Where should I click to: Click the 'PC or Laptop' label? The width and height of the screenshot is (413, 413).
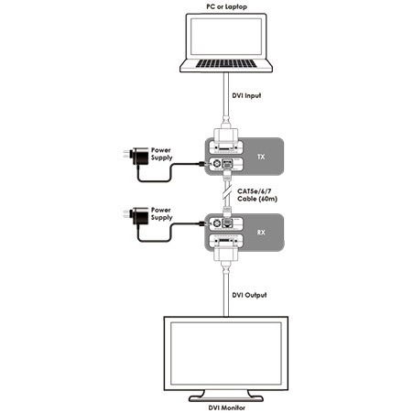[226, 6]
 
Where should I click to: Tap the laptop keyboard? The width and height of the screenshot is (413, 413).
[226, 63]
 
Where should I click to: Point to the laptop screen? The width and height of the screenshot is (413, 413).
[226, 37]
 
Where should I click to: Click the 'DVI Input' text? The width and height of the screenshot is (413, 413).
[246, 95]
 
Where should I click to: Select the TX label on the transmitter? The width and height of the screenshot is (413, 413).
[261, 157]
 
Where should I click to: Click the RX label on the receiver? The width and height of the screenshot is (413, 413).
[261, 233]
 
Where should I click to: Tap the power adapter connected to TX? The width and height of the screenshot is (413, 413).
[136, 157]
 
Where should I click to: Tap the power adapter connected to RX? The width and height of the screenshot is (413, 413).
[136, 216]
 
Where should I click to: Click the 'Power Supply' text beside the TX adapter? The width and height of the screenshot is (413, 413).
[161, 154]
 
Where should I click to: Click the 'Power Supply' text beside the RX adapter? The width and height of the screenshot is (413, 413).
[161, 213]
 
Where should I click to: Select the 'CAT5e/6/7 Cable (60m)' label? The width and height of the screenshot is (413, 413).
[257, 195]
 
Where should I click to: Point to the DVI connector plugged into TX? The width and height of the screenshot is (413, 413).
[226, 136]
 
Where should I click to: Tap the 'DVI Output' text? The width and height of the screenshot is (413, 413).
[249, 295]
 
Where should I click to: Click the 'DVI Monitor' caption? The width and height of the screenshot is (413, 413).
[227, 408]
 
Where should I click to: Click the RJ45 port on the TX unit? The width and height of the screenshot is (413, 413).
[227, 164]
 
